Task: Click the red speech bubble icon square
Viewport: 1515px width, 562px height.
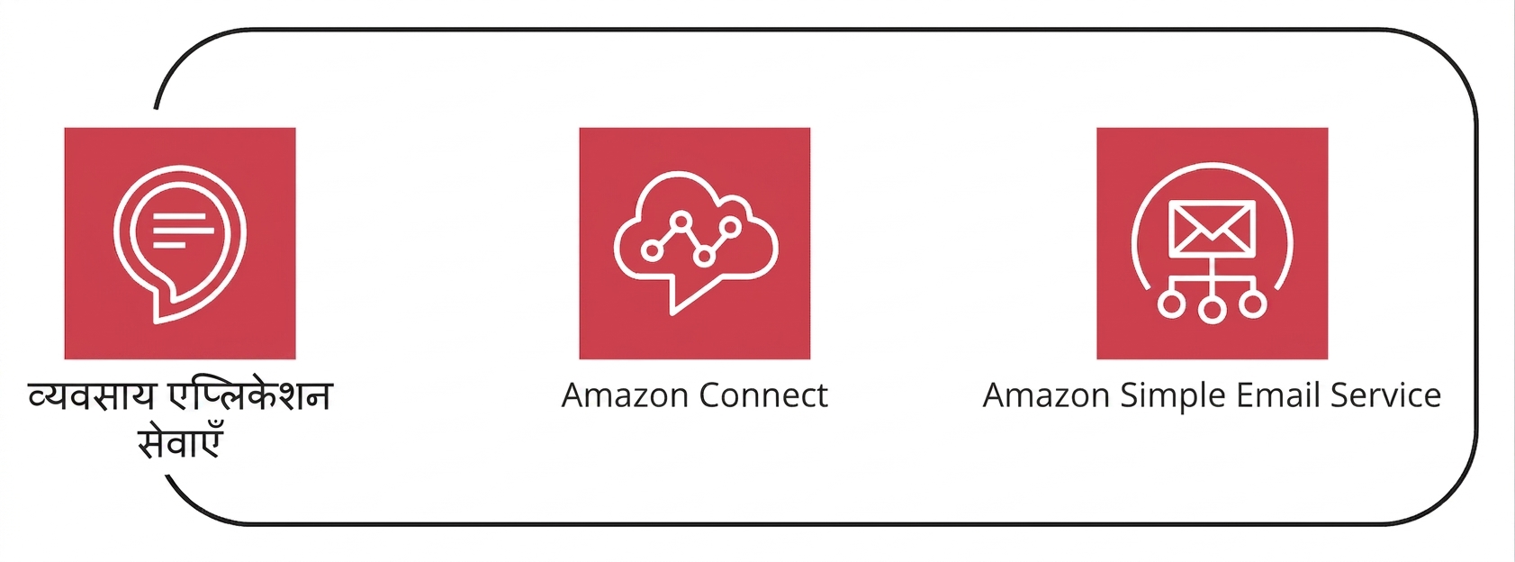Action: [x=180, y=243]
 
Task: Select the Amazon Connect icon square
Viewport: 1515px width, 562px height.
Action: [x=695, y=243]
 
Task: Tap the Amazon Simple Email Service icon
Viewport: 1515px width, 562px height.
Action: [x=1212, y=243]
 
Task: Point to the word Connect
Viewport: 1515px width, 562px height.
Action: [x=763, y=395]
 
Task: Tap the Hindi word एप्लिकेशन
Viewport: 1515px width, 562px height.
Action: [x=250, y=396]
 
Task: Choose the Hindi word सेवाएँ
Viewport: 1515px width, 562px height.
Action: [x=180, y=443]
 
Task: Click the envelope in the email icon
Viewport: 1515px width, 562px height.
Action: [x=1212, y=229]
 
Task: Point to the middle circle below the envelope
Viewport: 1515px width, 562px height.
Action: [x=1212, y=310]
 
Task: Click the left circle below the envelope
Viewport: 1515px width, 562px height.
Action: [x=1171, y=304]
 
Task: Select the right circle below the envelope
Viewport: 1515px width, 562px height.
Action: [x=1252, y=304]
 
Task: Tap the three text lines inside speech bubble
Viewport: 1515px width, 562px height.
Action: [x=184, y=231]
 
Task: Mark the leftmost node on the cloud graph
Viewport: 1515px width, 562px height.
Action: [x=652, y=251]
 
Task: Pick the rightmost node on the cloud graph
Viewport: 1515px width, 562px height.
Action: [x=730, y=226]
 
